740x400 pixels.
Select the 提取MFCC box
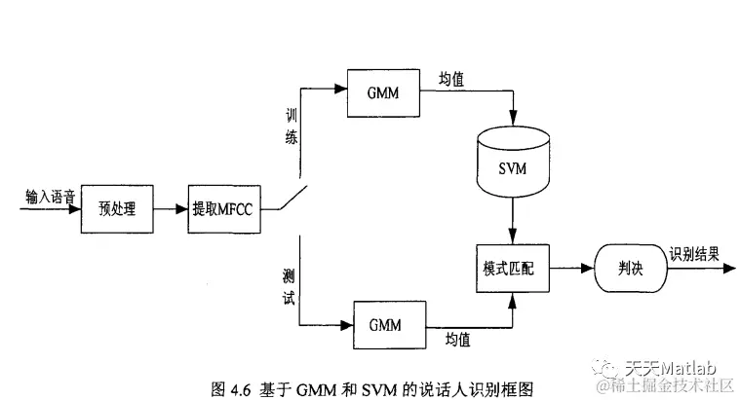226,209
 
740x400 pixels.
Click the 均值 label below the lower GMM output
456,338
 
